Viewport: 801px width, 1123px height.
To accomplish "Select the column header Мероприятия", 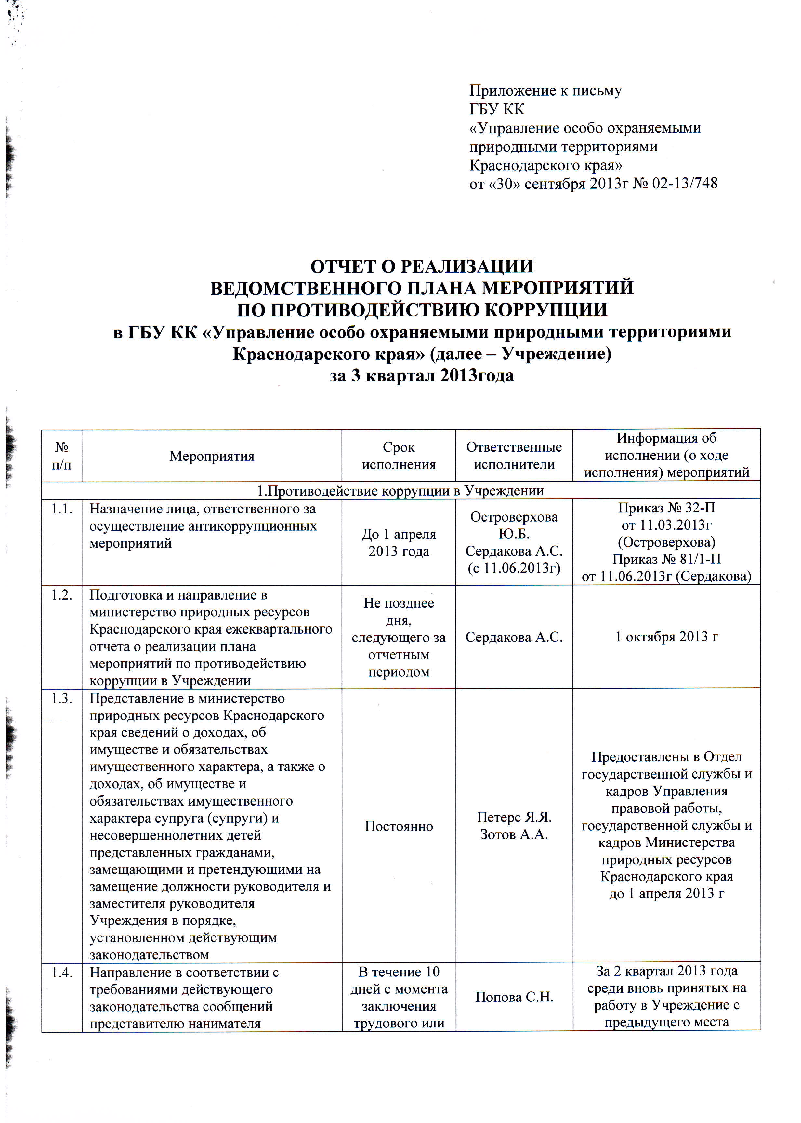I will tap(212, 456).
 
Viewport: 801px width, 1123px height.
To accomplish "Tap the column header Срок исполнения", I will tap(399, 456).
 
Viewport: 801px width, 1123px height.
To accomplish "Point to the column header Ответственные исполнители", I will tap(514, 456).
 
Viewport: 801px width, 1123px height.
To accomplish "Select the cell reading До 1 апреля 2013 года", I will tap(399, 542).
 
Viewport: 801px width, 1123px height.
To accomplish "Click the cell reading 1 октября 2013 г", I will tap(666, 637).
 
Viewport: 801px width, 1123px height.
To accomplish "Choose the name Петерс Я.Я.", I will tap(514, 817).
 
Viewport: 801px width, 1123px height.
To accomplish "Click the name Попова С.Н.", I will tap(514, 997).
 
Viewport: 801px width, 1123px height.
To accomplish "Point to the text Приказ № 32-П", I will tap(666, 508).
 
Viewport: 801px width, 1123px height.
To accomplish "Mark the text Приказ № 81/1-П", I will tap(666, 559).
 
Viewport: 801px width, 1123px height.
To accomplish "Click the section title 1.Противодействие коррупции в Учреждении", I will tap(400, 491).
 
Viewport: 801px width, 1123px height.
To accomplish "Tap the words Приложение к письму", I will tap(545, 91).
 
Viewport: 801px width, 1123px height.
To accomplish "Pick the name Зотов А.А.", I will tap(514, 834).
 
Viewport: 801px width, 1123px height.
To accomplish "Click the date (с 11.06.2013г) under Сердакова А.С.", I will tap(514, 568).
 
